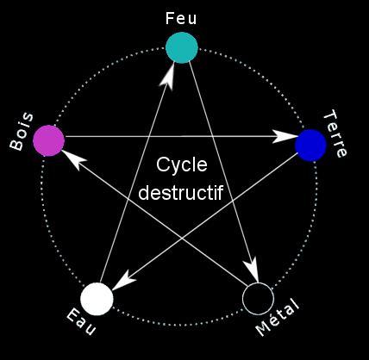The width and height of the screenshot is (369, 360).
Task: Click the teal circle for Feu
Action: (182, 47)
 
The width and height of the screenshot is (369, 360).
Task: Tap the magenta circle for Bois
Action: (48, 140)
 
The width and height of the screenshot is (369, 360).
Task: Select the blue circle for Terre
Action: (310, 146)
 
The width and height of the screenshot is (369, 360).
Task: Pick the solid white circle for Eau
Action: (97, 299)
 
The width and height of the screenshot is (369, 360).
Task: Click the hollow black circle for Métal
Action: (258, 299)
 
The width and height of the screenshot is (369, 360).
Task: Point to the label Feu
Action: (181, 18)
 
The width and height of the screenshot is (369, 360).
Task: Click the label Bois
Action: (21, 132)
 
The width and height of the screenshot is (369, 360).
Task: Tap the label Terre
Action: (335, 133)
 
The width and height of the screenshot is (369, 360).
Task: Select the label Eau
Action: (81, 322)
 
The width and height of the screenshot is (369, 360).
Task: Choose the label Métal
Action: (278, 317)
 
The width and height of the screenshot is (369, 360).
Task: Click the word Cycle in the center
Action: (182, 165)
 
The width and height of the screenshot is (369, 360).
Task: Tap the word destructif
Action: (181, 192)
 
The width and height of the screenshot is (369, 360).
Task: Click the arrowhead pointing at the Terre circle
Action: (284, 137)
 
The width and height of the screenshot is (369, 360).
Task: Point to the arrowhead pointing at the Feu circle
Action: (169, 77)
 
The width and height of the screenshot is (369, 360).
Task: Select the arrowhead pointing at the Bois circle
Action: (73, 159)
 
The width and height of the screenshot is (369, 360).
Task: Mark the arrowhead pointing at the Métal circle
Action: (252, 269)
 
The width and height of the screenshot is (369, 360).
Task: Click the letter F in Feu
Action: (170, 18)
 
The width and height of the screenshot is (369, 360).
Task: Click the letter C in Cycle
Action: (163, 164)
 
